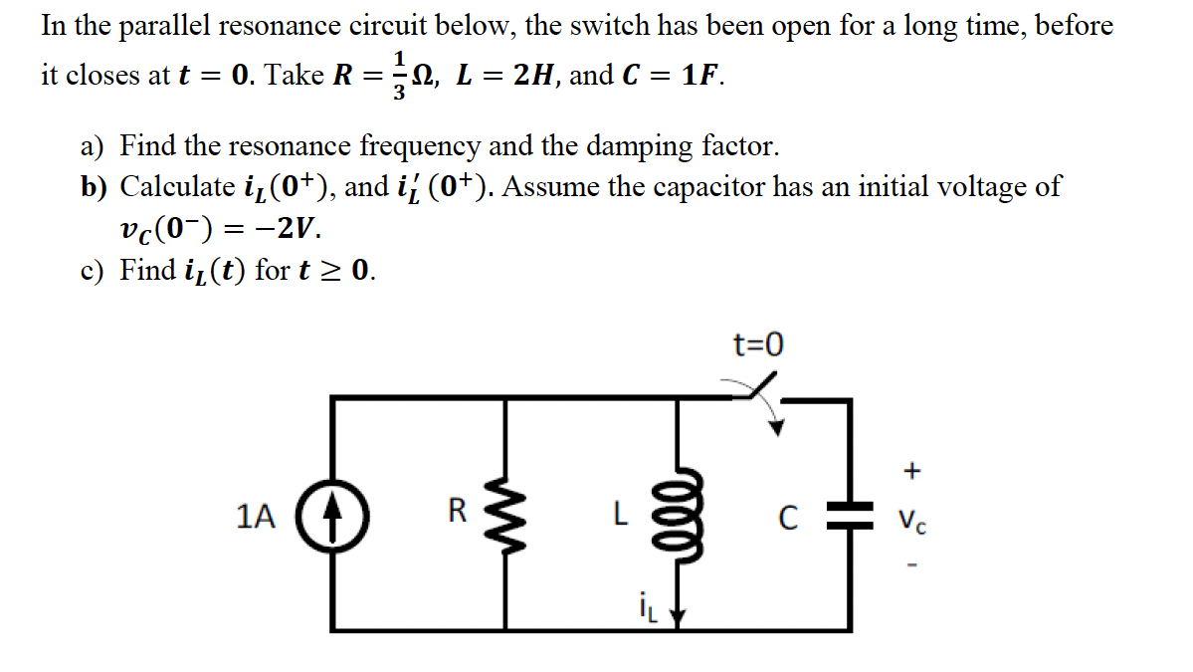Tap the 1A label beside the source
[256, 516]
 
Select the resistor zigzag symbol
[508, 515]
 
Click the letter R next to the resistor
[457, 513]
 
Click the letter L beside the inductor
[619, 515]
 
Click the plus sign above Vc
[912, 468]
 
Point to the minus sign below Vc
[912, 568]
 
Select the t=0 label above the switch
[757, 345]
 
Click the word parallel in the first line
[157, 26]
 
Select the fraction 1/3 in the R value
[399, 76]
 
